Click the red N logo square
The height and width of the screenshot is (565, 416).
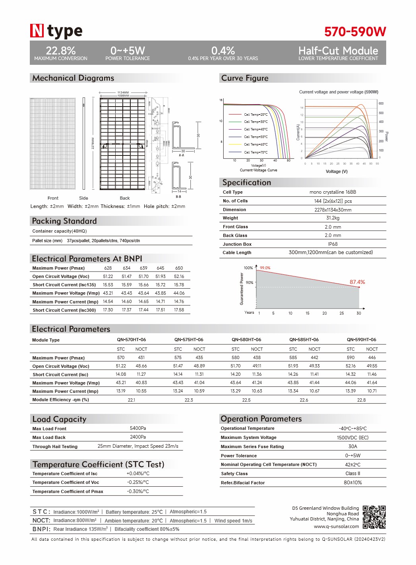(37, 31)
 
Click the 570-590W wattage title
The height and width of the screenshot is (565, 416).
(355, 32)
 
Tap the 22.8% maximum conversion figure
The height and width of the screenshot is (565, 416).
(61, 51)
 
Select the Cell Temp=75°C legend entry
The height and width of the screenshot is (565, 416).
(255, 152)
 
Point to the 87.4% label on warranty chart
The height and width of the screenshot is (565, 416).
(357, 282)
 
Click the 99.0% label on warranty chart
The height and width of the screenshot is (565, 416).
(265, 268)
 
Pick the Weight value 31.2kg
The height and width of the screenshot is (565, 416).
(333, 218)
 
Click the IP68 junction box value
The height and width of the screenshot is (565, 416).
(333, 244)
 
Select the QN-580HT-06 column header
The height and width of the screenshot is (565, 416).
(246, 340)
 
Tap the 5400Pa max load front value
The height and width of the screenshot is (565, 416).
(138, 428)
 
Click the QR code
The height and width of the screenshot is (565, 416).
(374, 517)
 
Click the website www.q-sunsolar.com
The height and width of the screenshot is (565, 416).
(336, 526)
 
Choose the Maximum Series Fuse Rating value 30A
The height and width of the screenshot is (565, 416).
(352, 447)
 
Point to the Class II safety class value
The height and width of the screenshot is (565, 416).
(352, 474)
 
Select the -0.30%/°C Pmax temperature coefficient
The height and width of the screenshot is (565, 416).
(138, 491)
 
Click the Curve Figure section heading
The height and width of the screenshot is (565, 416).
(245, 78)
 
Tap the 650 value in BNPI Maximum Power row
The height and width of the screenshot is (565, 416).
(179, 268)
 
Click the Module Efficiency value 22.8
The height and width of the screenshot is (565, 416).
(361, 400)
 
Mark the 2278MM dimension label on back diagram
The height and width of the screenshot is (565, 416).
(93, 144)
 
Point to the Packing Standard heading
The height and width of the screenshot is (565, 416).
(64, 221)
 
